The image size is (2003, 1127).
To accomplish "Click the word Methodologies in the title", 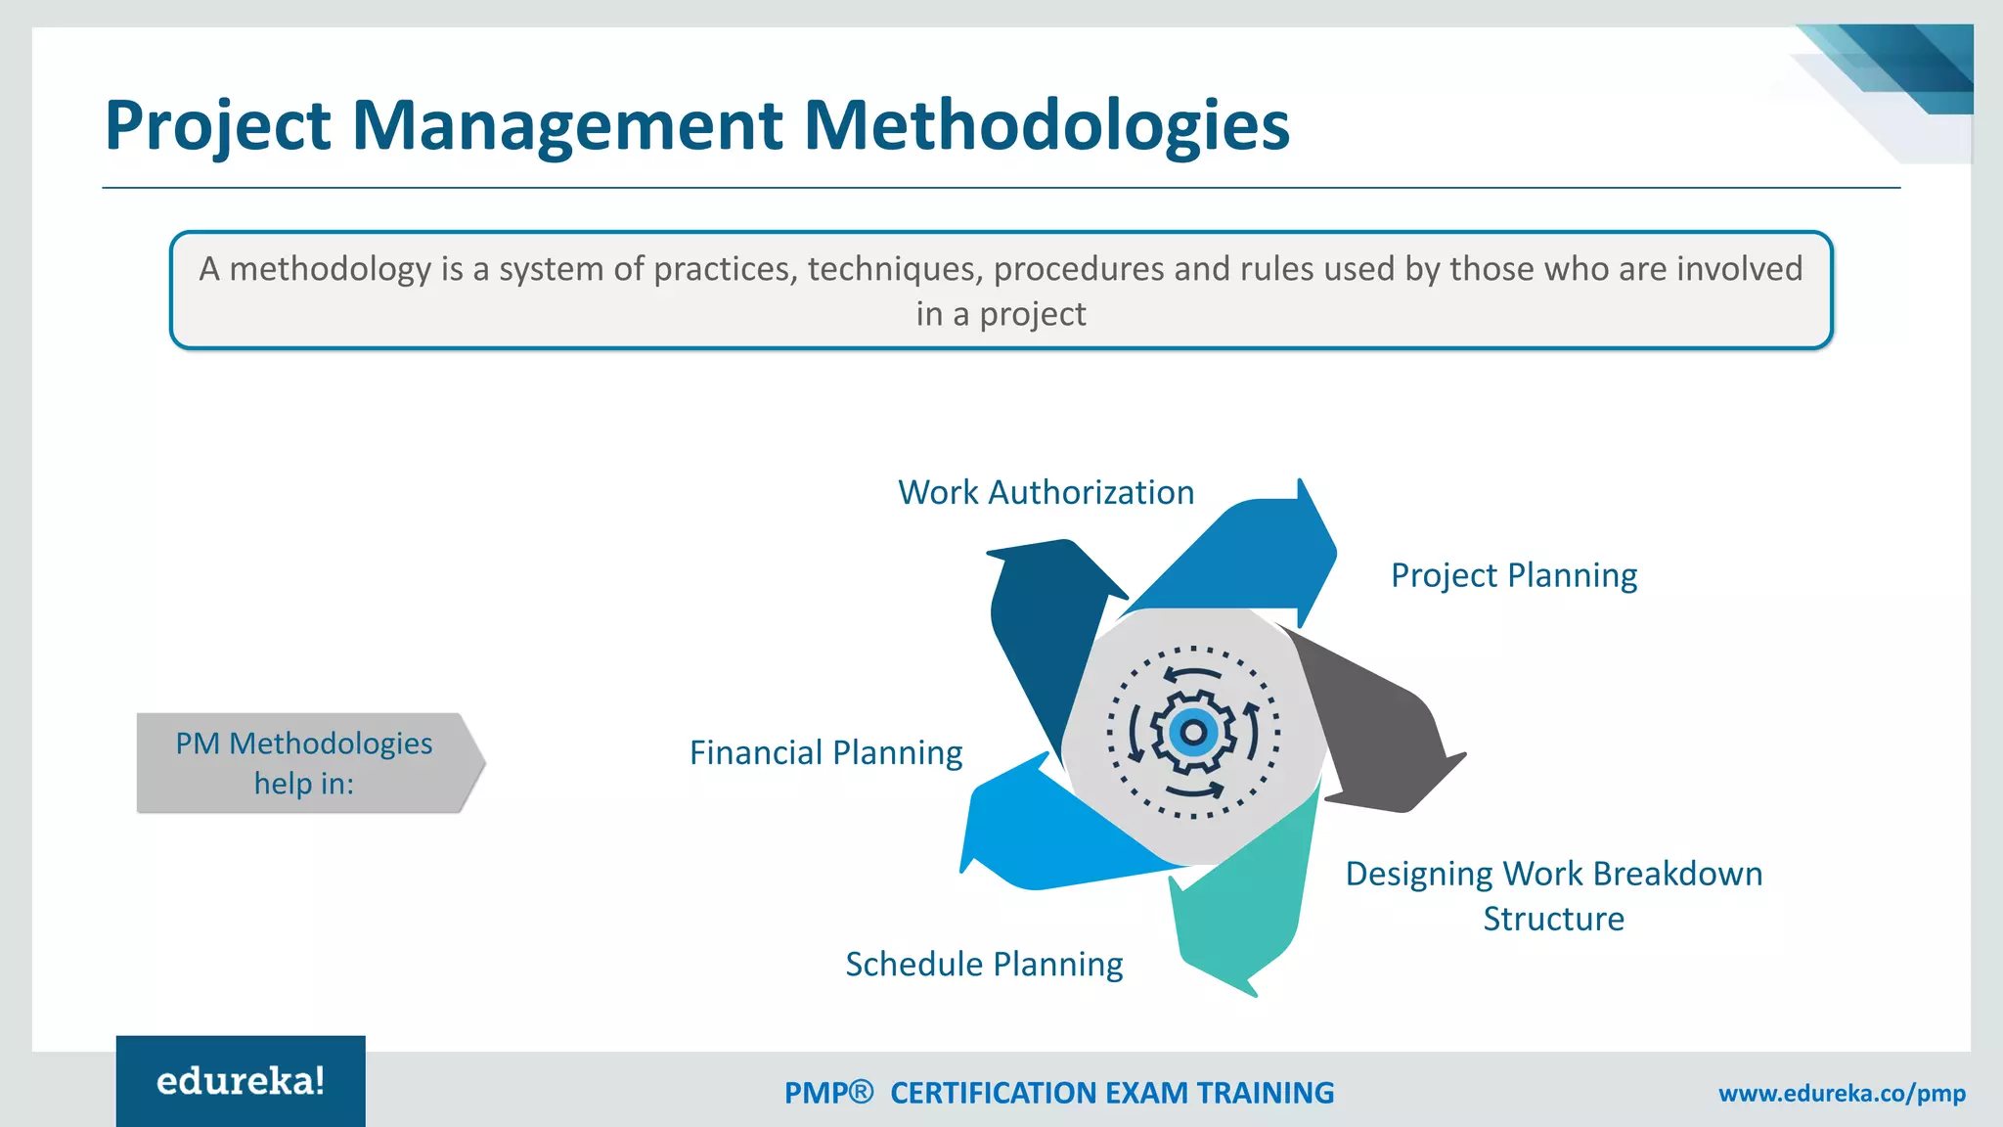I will point(1046,125).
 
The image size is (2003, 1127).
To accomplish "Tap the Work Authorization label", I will point(1046,492).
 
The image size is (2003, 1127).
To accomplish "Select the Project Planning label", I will point(1513,575).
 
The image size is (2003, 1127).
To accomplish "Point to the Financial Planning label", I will point(825,753).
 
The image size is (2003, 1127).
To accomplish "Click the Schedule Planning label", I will point(983,965).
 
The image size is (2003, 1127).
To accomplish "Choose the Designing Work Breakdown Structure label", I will point(1553,896).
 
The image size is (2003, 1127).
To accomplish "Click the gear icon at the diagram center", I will point(1193,733).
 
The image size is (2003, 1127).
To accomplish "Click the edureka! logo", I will point(241,1081).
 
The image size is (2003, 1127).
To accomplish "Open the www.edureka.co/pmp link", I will point(1842,1094).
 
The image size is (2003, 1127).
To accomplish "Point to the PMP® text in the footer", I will point(827,1093).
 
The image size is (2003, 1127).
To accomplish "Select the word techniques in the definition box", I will point(895,269).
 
